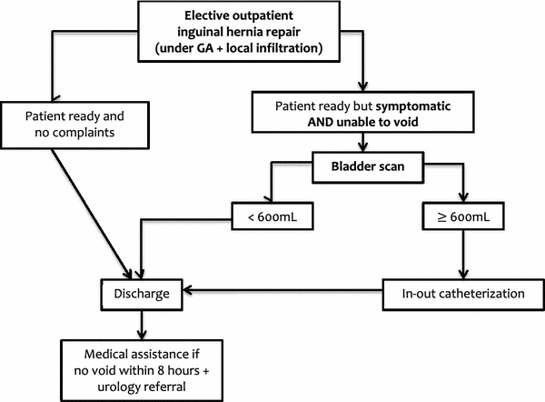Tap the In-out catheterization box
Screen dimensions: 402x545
point(464,293)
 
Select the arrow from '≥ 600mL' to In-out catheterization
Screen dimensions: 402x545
point(465,255)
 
